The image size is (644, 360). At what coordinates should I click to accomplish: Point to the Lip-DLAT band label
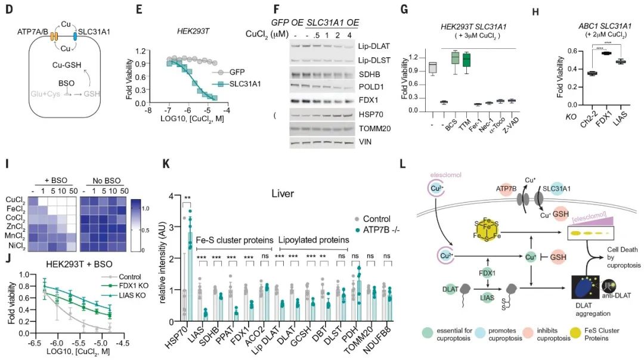(x=386, y=45)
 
